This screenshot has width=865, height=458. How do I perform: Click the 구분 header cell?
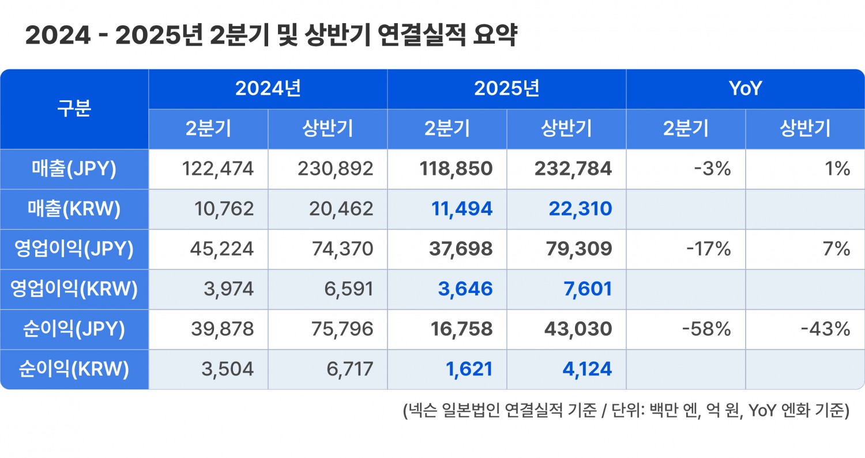pos(74,109)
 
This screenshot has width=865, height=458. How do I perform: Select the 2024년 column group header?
pos(268,89)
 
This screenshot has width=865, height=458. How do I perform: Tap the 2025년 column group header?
pos(506,89)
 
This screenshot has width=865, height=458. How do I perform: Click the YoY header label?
pos(745,89)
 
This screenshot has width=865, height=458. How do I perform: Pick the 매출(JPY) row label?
pos(74,169)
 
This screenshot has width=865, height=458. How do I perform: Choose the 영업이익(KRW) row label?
pos(74,289)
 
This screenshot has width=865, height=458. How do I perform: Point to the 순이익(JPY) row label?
pos(74,329)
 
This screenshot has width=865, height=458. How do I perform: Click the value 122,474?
pos(217,169)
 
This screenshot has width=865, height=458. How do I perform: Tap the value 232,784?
pos(573,169)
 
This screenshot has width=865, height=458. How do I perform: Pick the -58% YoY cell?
pos(706,329)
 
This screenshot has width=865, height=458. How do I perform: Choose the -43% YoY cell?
pos(825,329)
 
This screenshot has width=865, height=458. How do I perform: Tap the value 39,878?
pos(221,329)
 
